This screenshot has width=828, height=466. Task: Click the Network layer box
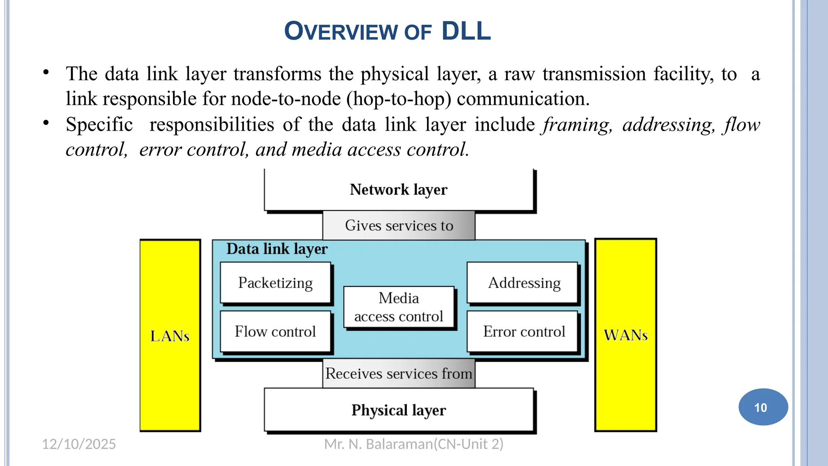399,190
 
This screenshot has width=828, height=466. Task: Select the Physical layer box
399,410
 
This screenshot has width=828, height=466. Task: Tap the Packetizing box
275,283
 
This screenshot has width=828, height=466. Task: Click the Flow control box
275,331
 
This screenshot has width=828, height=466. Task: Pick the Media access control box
399,307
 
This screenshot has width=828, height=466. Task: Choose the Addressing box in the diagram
524,283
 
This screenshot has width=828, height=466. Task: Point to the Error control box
524,331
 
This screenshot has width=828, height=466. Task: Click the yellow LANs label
170,336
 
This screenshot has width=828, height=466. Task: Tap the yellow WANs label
625,335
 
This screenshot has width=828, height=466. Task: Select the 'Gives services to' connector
399,225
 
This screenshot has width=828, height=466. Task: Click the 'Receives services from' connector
399,373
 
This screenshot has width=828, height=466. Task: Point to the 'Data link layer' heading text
277,249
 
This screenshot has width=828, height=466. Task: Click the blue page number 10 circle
763,407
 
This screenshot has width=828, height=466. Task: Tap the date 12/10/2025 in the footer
79,444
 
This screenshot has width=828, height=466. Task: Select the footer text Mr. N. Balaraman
414,444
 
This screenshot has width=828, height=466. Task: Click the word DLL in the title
466,31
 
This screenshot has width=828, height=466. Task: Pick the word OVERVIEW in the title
341,32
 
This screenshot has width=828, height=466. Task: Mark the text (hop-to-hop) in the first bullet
399,99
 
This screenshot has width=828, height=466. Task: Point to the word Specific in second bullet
99,124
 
